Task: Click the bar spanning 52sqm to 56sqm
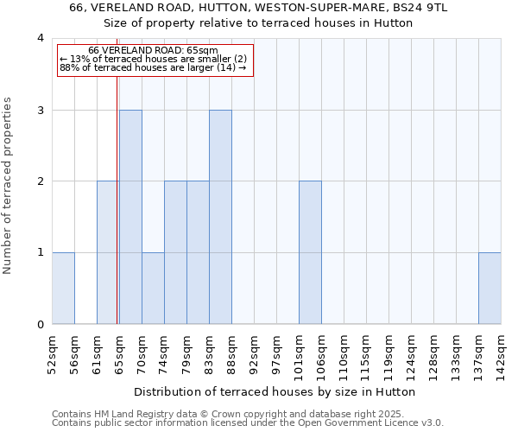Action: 63,289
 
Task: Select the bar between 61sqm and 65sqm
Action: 108,252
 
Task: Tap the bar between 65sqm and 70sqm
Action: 130,217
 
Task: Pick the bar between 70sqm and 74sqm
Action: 153,289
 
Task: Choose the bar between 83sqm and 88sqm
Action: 220,217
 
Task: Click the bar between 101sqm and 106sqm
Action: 310,252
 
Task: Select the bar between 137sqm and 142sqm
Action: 490,289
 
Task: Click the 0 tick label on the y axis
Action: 40,325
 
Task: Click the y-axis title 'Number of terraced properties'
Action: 9,186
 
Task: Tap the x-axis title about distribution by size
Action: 276,391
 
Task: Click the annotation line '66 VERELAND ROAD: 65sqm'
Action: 153,51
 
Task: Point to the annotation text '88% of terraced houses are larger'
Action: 153,67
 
